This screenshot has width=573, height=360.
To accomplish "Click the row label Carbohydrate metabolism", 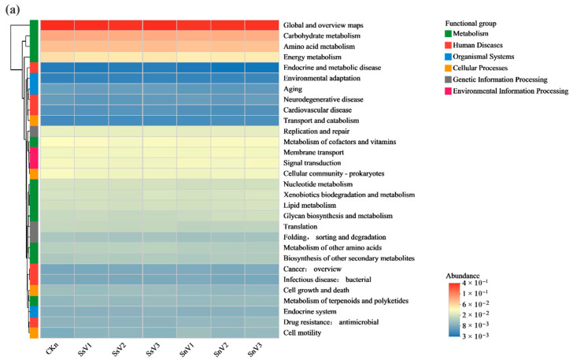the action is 322,36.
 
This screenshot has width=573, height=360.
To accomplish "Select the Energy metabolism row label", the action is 312,57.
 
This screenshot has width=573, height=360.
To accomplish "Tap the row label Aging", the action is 293,89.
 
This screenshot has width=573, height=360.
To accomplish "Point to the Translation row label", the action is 300,226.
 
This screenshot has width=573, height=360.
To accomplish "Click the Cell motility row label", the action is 302,332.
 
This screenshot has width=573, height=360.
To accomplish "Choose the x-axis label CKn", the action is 52,349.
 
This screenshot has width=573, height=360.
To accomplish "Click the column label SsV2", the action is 119,350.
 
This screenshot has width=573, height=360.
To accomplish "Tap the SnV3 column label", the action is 255,350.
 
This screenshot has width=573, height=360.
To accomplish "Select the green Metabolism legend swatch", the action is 449,34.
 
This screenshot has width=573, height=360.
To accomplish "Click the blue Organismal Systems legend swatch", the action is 449,57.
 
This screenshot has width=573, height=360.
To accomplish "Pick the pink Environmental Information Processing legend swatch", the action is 449,91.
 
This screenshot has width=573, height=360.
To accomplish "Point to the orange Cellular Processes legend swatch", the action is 449,68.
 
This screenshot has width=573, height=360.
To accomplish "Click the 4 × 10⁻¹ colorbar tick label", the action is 475,283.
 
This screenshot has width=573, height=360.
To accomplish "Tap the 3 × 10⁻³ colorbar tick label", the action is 475,336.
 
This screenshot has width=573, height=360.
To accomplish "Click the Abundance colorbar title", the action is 463,276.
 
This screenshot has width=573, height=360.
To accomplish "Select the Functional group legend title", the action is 471,24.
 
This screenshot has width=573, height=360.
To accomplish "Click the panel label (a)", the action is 13,10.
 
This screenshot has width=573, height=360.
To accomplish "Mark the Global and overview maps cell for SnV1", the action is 194,25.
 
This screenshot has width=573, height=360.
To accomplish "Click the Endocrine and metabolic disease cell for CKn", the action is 57,68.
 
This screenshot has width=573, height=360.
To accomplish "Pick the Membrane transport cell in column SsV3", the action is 160,153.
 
